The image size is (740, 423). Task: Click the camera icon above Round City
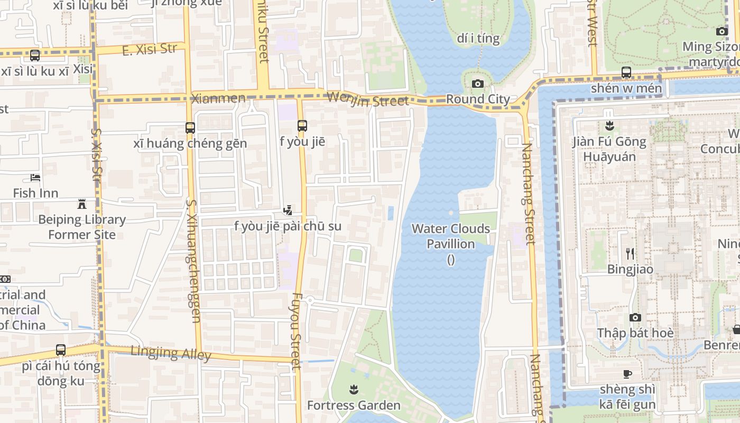[x=477, y=84]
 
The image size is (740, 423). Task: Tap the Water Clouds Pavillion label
[x=451, y=236]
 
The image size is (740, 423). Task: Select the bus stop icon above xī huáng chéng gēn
[x=190, y=127]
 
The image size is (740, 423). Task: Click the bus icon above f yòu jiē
[x=302, y=126]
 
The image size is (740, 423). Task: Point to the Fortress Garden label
[x=354, y=406]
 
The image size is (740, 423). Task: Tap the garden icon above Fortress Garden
[x=354, y=390]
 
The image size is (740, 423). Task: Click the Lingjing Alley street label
[x=171, y=353]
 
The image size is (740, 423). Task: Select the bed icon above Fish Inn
[x=35, y=178]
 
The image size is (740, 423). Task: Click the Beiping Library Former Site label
[x=82, y=227]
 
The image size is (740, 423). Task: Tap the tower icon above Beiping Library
[x=82, y=204]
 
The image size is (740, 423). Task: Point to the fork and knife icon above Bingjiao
[x=630, y=254]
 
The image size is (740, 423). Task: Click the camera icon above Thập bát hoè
[x=635, y=317]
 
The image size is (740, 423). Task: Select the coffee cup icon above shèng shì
[x=627, y=374]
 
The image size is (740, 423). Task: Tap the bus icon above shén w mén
[x=626, y=72]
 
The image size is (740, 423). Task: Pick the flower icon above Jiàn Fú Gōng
[x=609, y=126]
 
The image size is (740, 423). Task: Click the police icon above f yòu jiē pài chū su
[x=288, y=210]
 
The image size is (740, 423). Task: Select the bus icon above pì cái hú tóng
[x=61, y=350]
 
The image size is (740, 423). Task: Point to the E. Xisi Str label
[x=149, y=50]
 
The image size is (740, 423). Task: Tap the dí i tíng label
[x=478, y=38]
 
